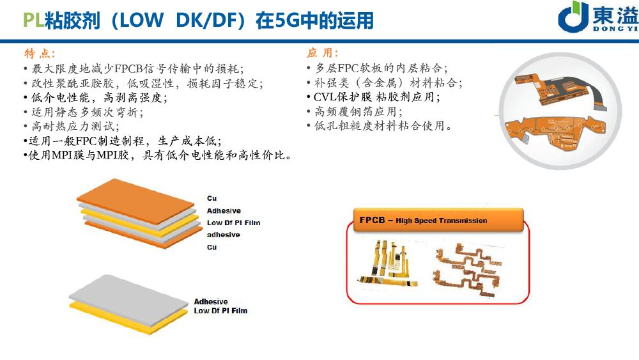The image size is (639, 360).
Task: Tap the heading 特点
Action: click(40, 52)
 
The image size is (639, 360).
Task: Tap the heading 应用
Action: click(323, 52)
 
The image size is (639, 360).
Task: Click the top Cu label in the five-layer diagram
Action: click(212, 199)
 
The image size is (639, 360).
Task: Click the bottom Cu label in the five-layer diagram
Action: click(212, 247)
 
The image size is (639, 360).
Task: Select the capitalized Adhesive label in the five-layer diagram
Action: click(224, 211)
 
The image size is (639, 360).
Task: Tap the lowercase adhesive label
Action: click(224, 235)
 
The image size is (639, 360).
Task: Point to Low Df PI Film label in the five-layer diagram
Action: click(233, 223)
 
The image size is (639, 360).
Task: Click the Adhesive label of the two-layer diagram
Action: click(210, 301)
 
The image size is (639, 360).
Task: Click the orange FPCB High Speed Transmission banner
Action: click(437, 221)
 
